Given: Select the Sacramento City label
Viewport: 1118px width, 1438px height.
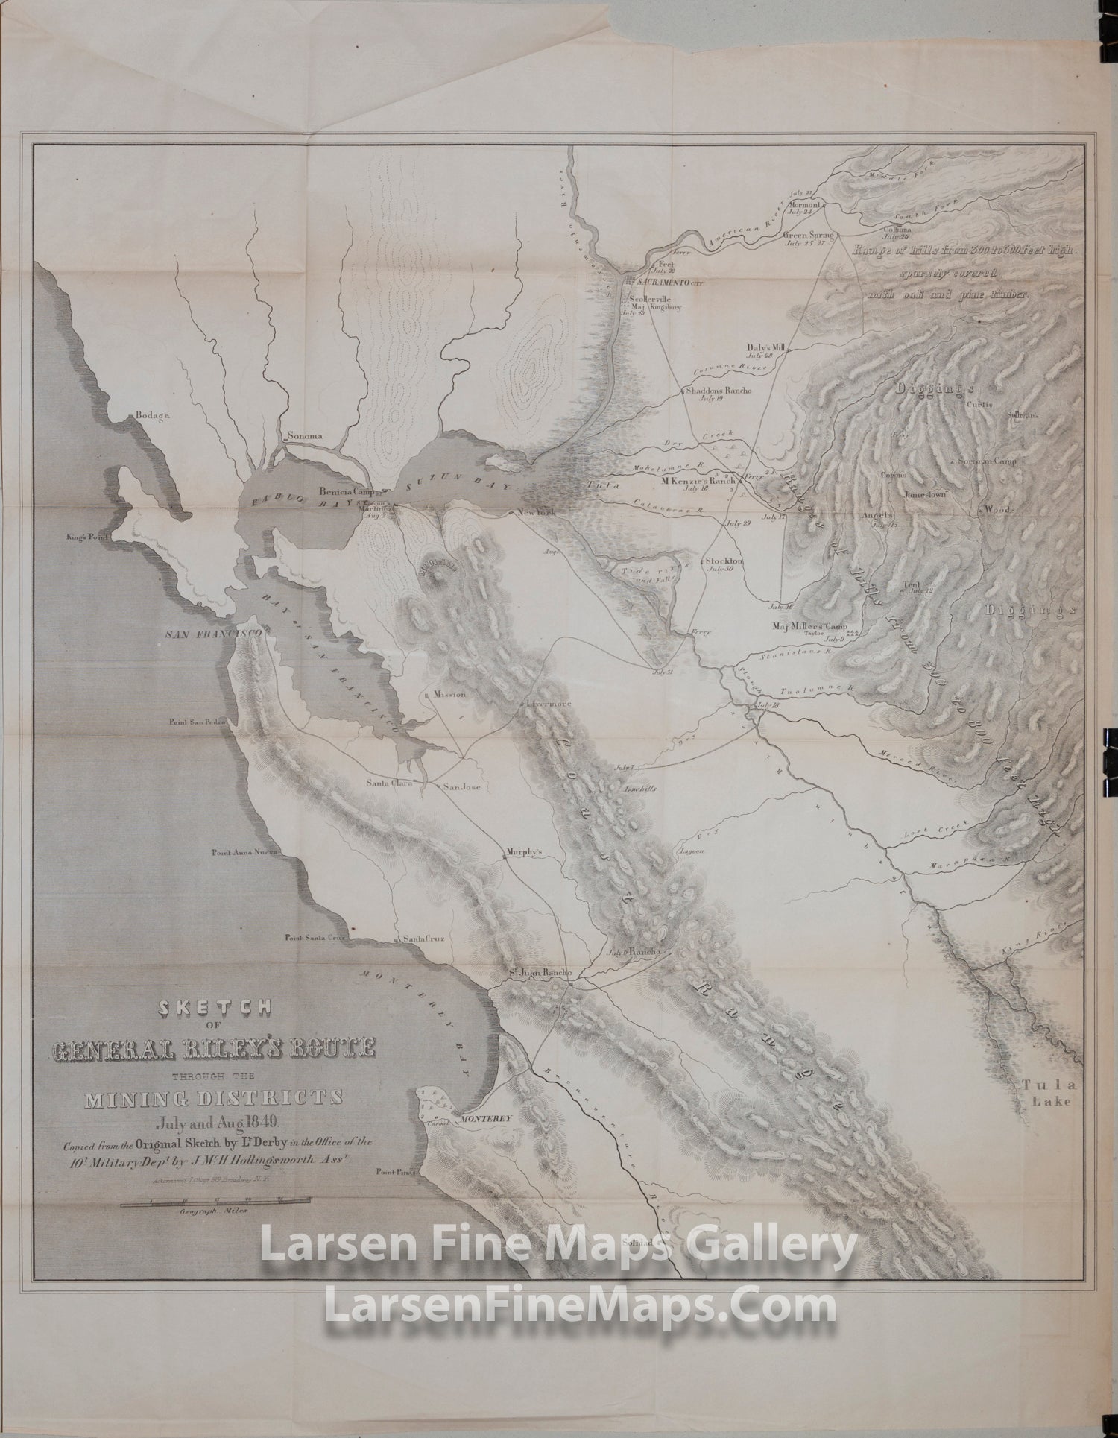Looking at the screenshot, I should pos(669,283).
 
